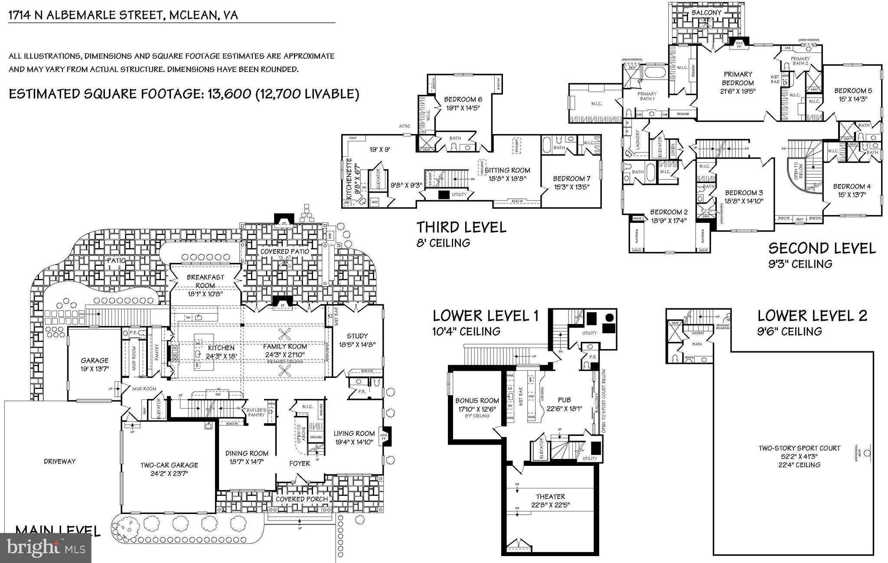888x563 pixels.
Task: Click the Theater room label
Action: [550, 497]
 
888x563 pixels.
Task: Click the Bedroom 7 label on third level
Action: [571, 179]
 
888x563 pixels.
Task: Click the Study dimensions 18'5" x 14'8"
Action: [357, 345]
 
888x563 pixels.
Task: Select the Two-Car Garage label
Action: [169, 465]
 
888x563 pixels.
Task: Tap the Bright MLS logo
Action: [46, 548]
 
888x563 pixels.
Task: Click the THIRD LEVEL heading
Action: [461, 227]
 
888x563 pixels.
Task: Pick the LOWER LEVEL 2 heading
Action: [812, 316]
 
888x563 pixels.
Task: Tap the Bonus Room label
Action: [477, 401]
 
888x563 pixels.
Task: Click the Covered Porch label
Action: [302, 499]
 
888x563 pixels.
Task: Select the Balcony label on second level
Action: [706, 13]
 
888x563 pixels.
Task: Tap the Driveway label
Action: [60, 461]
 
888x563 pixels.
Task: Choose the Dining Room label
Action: [247, 453]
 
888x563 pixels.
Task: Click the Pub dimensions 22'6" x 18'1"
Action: [564, 409]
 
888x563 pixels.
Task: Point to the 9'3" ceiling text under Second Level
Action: [800, 264]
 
